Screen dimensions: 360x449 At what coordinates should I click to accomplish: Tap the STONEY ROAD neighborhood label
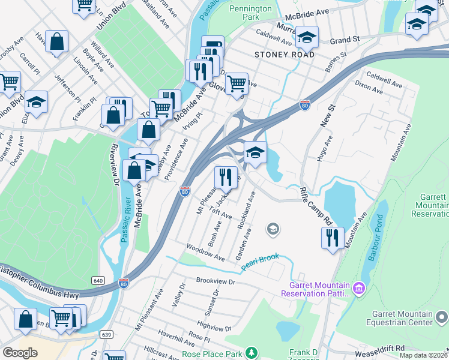pos(285,55)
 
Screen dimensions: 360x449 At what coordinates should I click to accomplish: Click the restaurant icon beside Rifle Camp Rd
pos(332,238)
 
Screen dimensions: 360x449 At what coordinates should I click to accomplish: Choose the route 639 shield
pos(107,334)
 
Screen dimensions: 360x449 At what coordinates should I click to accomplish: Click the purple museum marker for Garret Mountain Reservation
pos(359,289)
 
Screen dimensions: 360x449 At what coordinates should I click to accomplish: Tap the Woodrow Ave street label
pos(205,252)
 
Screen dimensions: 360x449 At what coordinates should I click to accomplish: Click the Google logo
pos(20,353)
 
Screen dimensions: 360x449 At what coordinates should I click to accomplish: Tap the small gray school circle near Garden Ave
pos(273,229)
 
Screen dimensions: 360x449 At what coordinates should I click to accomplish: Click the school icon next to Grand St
pos(307,37)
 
